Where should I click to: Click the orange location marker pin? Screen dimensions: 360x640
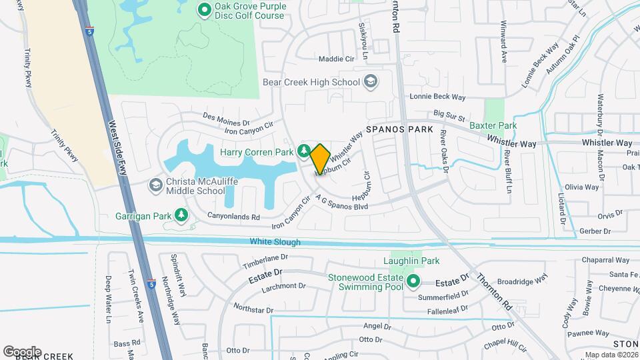coord(320,159)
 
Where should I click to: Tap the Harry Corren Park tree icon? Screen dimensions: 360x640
coord(304,151)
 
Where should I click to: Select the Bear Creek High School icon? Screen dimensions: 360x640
coord(370,82)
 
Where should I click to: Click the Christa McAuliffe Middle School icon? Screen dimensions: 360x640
coord(155,185)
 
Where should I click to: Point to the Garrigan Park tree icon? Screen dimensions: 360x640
coord(180,215)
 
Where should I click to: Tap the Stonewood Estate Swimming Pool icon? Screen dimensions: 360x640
coord(413,281)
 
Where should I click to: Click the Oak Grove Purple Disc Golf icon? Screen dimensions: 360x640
coord(205,10)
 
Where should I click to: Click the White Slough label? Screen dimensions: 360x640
coord(275,242)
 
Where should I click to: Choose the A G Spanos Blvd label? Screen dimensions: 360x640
coord(343,203)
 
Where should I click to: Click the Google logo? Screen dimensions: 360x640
coord(22,351)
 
